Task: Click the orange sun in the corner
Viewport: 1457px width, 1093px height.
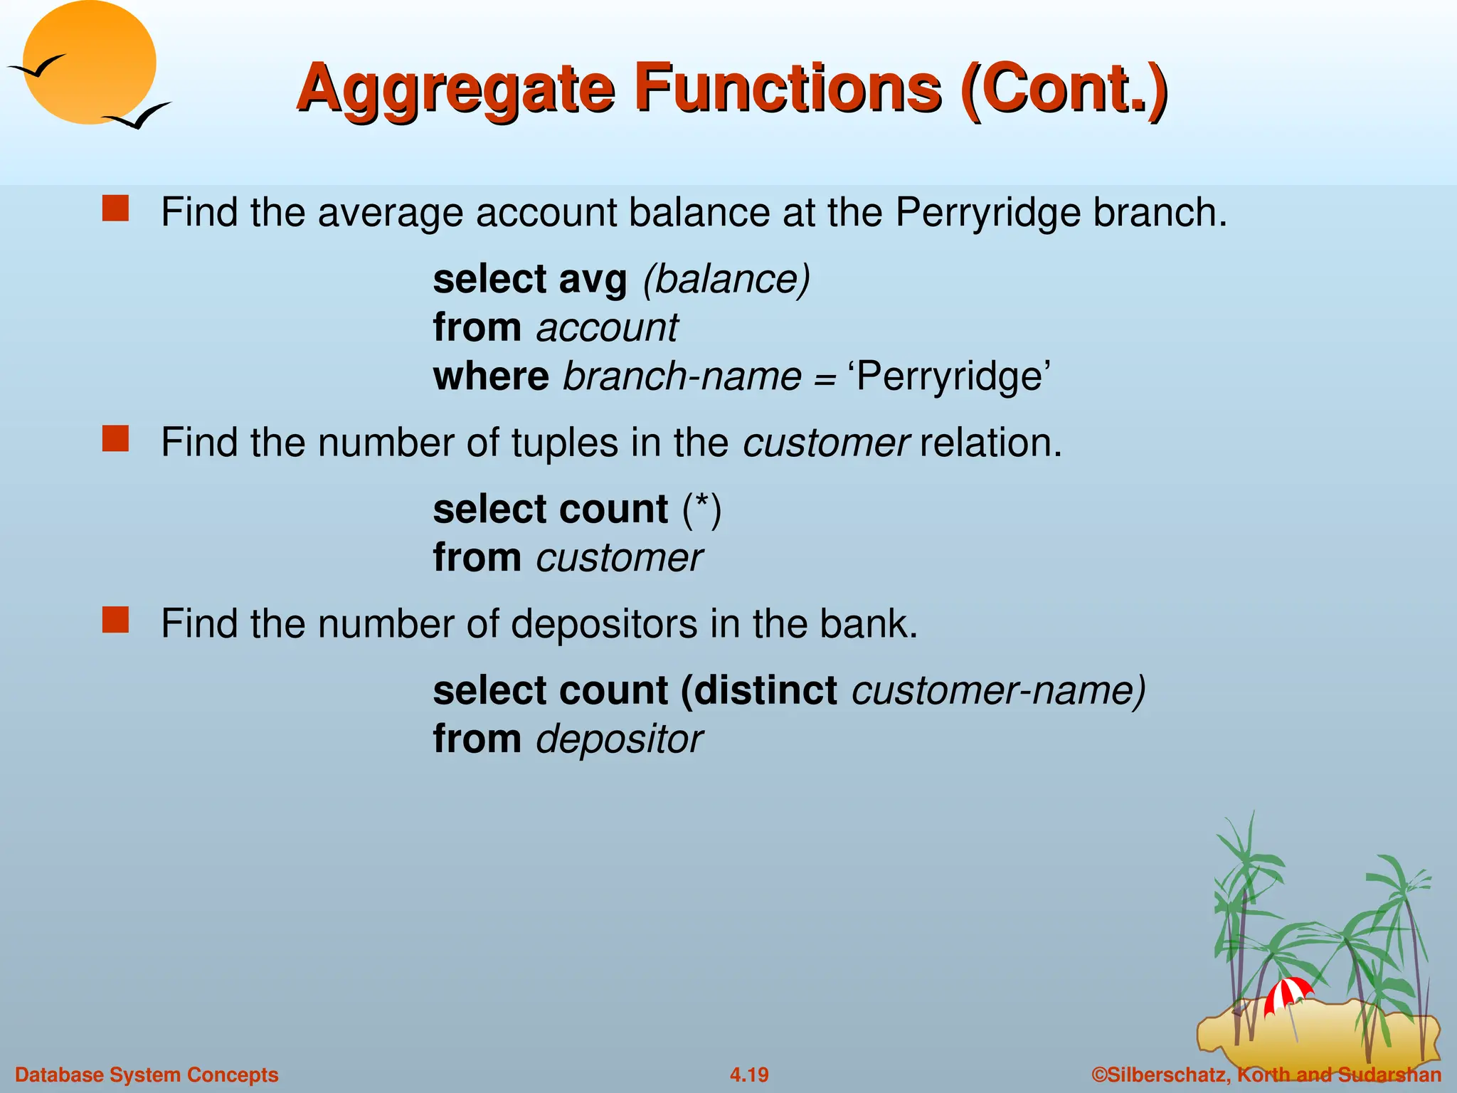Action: tap(89, 63)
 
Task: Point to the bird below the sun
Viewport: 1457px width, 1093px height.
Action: tap(138, 116)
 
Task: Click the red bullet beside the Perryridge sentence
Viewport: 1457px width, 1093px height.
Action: tap(115, 209)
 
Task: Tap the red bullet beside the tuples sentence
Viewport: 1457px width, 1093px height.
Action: tap(115, 439)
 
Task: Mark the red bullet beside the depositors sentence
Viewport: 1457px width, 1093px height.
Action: tap(115, 620)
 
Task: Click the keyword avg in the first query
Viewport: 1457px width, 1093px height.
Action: tap(593, 279)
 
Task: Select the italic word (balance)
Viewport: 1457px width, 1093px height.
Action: tap(726, 279)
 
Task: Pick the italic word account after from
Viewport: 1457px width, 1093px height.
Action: tap(607, 327)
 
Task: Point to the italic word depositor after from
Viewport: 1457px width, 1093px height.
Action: tap(619, 739)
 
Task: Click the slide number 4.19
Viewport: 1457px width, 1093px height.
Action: tap(749, 1074)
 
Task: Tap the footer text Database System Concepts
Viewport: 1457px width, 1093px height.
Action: tap(147, 1074)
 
